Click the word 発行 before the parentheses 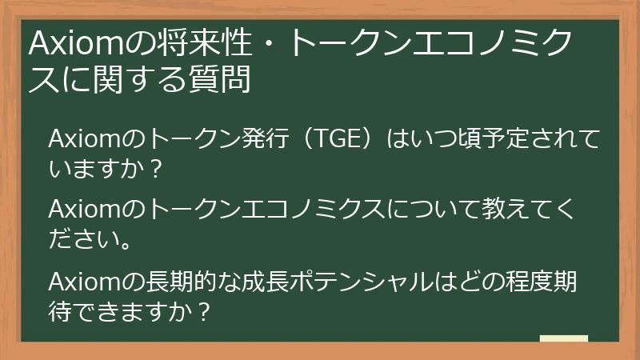260,139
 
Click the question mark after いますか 157,169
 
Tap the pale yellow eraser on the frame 563,338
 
